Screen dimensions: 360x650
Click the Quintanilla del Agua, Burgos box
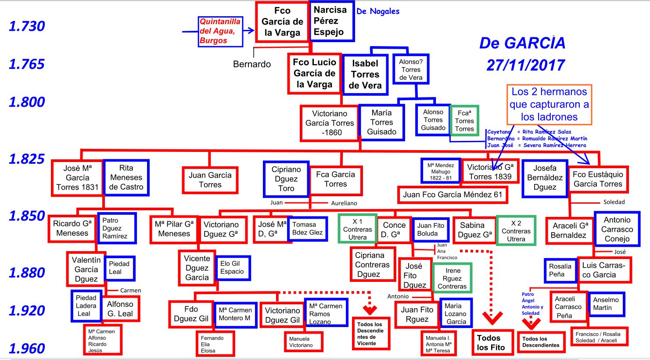(220, 31)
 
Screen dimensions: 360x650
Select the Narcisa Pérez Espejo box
(332, 21)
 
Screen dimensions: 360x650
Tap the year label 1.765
(27, 64)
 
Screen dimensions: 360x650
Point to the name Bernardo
(252, 64)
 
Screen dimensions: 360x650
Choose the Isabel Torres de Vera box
(365, 75)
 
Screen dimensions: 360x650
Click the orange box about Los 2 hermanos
(549, 104)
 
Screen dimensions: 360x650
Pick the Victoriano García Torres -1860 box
(330, 123)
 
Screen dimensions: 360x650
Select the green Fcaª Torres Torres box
(464, 121)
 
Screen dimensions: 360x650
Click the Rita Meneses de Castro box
(126, 177)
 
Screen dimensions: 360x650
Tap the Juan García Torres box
(210, 180)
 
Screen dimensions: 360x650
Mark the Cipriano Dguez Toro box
(286, 179)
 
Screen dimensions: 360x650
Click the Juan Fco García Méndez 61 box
(452, 194)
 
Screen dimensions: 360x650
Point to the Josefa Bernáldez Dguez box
(545, 177)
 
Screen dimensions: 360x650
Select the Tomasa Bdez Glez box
(307, 228)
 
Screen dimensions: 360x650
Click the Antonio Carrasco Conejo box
(617, 229)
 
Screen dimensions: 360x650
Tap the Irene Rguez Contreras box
(452, 278)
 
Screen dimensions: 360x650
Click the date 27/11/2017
(525, 65)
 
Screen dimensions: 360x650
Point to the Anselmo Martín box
(606, 304)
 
